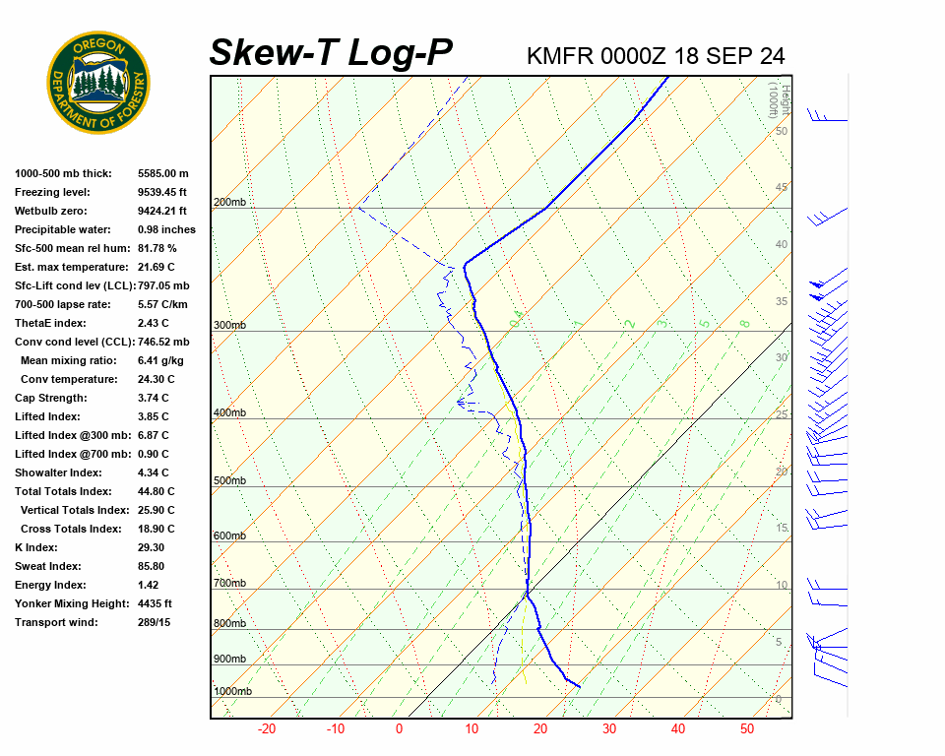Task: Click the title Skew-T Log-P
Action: (331, 53)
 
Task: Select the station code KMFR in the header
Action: (560, 56)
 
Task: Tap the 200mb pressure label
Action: (229, 203)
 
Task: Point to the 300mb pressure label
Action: (229, 325)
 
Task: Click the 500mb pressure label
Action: (229, 480)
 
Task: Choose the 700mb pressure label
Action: (229, 584)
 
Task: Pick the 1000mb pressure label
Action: (232, 691)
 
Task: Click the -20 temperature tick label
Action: (266, 729)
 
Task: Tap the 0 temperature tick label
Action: (399, 729)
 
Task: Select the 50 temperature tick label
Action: (746, 729)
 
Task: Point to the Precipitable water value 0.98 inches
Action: (166, 229)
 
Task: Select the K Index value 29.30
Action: (152, 547)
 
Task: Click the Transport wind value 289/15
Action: (154, 622)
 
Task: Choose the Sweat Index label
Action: (47, 566)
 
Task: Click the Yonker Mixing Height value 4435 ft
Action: (155, 603)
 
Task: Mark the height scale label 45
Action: (782, 187)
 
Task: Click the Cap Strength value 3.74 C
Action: (153, 398)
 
